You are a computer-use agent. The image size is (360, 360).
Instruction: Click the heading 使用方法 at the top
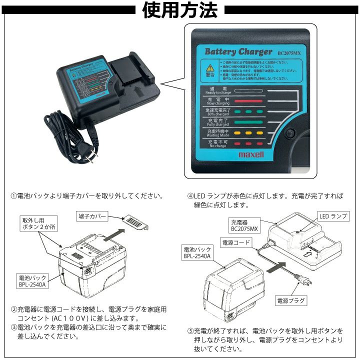coord(180,10)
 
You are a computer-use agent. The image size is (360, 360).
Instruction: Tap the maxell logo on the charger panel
coord(251,155)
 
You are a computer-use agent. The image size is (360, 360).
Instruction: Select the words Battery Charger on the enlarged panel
coord(238,51)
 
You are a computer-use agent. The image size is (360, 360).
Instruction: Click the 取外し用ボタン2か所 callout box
coord(39,223)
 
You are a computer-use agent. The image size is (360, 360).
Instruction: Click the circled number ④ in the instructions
coord(190,196)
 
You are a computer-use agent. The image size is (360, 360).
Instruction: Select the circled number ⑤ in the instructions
coord(190,331)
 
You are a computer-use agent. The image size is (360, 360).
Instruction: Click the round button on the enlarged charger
coord(288,133)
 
